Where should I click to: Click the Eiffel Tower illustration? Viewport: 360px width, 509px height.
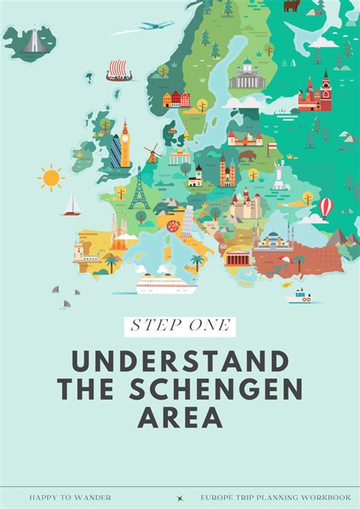[138, 189]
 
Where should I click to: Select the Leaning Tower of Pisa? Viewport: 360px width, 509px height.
[186, 220]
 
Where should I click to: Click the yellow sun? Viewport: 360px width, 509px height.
[52, 177]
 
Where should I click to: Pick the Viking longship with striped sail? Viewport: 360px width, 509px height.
[119, 71]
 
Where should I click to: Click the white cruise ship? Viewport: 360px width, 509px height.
[164, 286]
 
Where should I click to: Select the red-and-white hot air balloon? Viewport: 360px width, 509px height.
[325, 207]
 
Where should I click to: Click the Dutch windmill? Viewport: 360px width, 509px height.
[151, 153]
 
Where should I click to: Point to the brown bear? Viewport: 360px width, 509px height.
[291, 6]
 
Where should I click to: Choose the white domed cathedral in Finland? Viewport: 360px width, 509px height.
[245, 76]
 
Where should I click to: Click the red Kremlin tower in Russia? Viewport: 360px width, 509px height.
[326, 90]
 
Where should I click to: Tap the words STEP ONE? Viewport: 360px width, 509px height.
[180, 327]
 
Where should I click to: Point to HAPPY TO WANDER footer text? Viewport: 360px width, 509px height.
[71, 497]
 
